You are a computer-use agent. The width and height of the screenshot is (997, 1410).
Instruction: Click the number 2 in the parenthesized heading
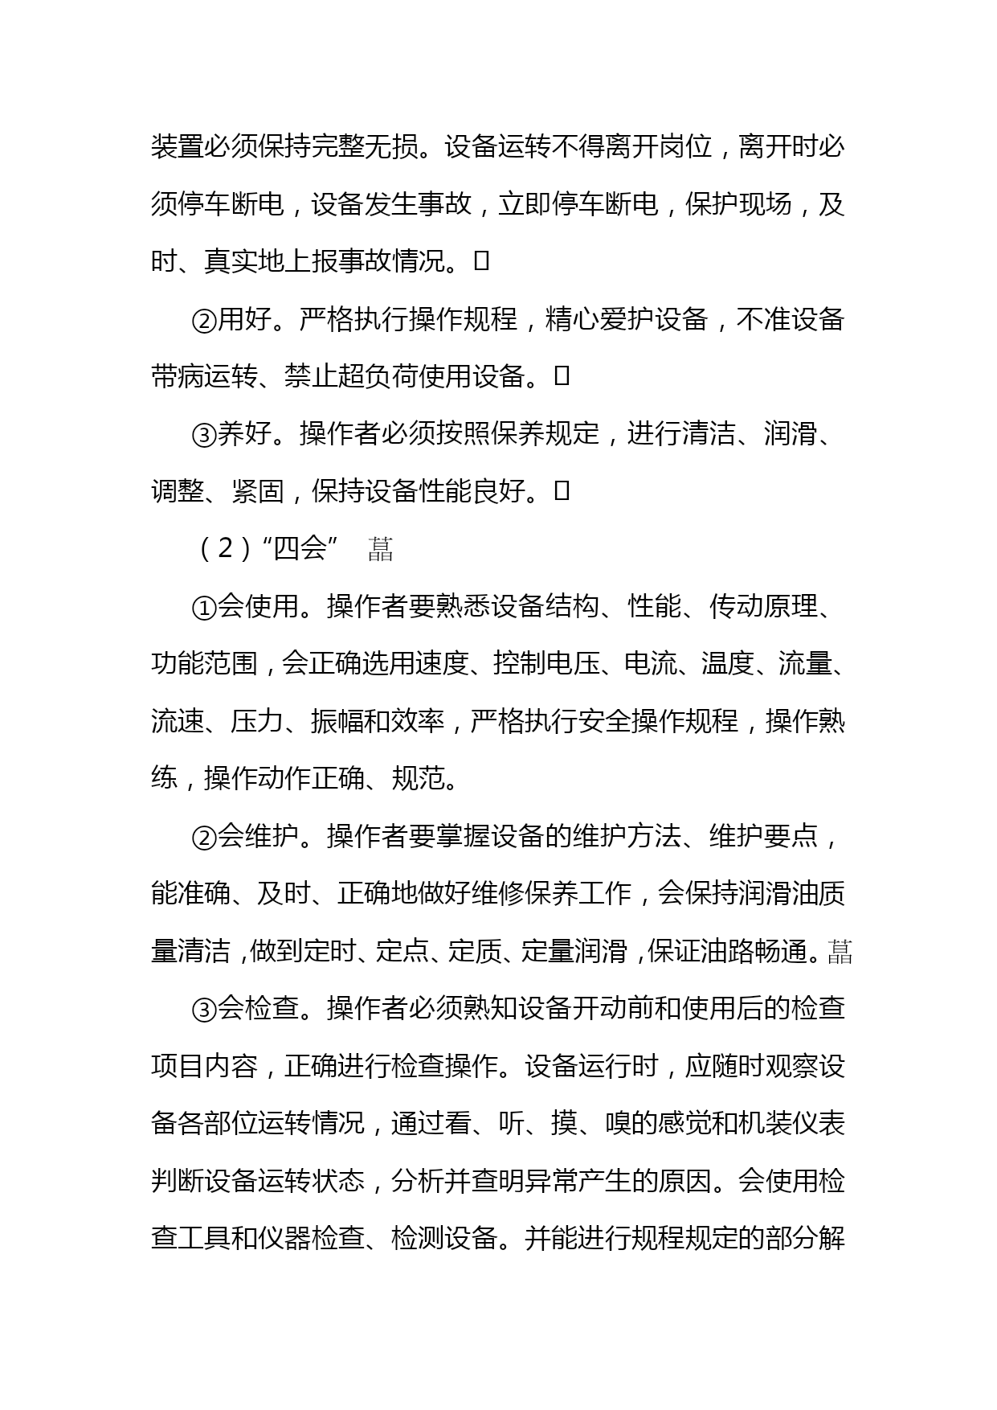click(x=226, y=548)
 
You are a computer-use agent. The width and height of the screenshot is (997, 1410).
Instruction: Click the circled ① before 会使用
click(x=204, y=607)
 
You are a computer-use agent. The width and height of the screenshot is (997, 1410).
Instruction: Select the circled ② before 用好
click(x=204, y=320)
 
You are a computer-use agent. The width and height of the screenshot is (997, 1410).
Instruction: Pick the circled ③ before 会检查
click(x=204, y=1009)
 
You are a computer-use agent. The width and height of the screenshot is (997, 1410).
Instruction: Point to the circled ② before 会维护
click(x=204, y=837)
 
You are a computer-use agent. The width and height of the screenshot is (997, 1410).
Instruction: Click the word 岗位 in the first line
click(x=685, y=148)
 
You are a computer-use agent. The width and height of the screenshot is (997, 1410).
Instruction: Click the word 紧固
click(x=258, y=491)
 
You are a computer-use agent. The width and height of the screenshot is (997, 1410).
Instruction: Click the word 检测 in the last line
click(x=418, y=1238)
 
